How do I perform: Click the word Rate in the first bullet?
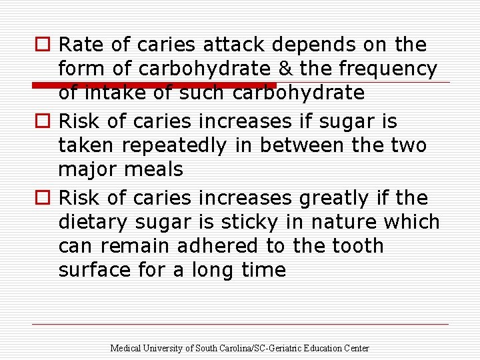(82, 45)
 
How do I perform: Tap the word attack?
(234, 45)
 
